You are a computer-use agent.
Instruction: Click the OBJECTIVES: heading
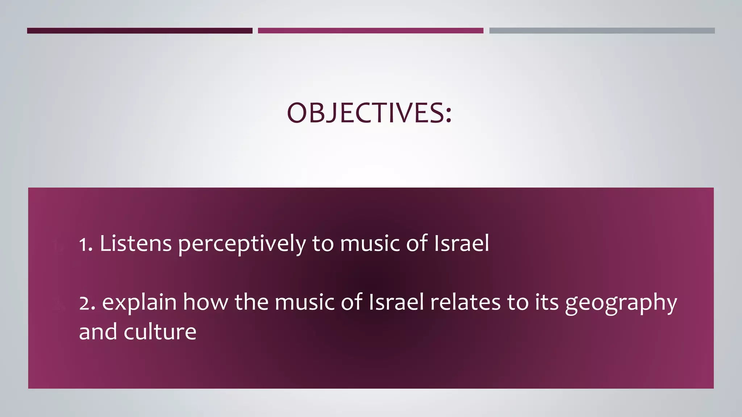[369, 113]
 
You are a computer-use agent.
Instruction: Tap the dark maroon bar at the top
[139, 31]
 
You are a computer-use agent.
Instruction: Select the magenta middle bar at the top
[370, 31]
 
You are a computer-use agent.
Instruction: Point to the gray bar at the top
[602, 31]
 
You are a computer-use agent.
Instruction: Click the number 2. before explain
[87, 303]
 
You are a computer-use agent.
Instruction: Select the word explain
[139, 302]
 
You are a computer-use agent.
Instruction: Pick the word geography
[621, 303]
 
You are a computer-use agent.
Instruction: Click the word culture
[160, 332]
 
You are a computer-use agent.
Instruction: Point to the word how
[205, 302]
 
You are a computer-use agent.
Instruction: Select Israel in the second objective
[396, 302]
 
